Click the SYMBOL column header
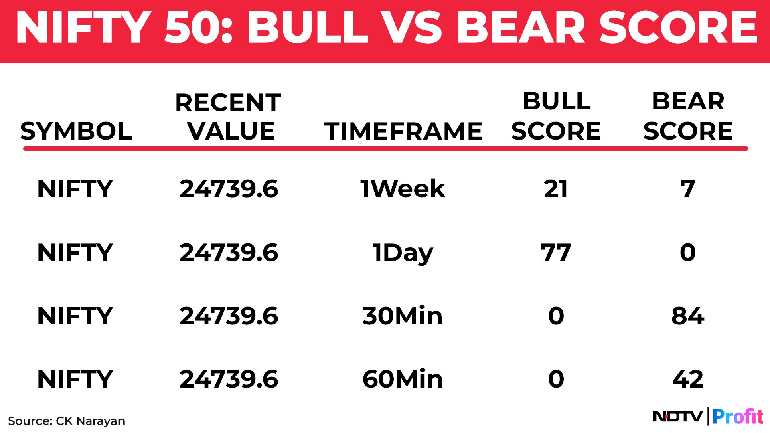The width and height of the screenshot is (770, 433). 76,131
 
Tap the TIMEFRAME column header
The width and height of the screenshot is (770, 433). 403,131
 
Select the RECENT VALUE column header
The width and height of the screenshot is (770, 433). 229,117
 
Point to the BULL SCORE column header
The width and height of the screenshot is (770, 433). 556,116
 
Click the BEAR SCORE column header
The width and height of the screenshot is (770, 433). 688,116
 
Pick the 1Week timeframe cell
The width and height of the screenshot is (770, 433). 403,189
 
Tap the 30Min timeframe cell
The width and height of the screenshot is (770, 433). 403,316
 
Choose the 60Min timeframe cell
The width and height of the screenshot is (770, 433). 403,379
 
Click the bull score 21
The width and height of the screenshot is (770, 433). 556,189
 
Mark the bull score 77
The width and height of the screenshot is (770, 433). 556,253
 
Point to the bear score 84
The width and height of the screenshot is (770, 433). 688,316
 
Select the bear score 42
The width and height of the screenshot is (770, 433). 688,379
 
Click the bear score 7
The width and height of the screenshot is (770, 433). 688,189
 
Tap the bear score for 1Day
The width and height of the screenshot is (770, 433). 688,253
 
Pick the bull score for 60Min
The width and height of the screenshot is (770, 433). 556,379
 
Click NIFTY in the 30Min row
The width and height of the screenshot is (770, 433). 75,316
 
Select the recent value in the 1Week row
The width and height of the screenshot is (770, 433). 229,189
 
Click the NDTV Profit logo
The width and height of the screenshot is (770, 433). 708,416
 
